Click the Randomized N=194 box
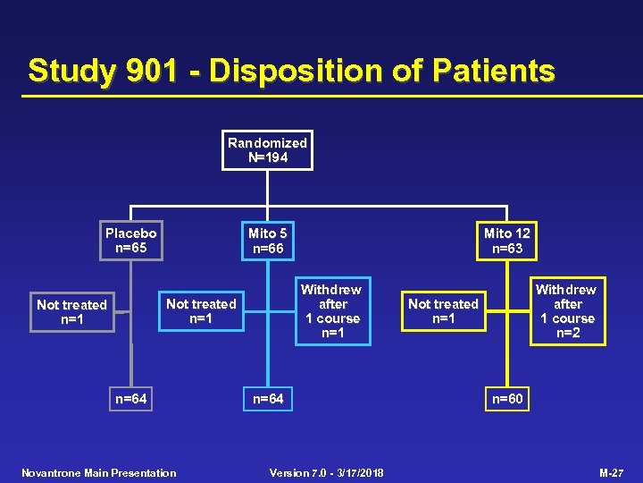pos(267,150)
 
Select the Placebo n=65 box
pos(130,241)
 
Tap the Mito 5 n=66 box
pos(268,241)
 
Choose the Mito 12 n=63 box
pos(506,241)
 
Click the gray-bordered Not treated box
pos(71,312)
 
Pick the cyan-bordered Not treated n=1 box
pos(201,311)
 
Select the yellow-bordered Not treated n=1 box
pos(443,311)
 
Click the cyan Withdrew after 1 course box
pos(330,311)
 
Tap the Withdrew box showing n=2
pos(565,311)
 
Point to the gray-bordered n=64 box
pos(131,399)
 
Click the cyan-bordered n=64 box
pos(268,399)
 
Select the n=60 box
pos(507,399)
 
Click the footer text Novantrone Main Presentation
pos(98,472)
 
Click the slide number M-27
pos(611,472)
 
